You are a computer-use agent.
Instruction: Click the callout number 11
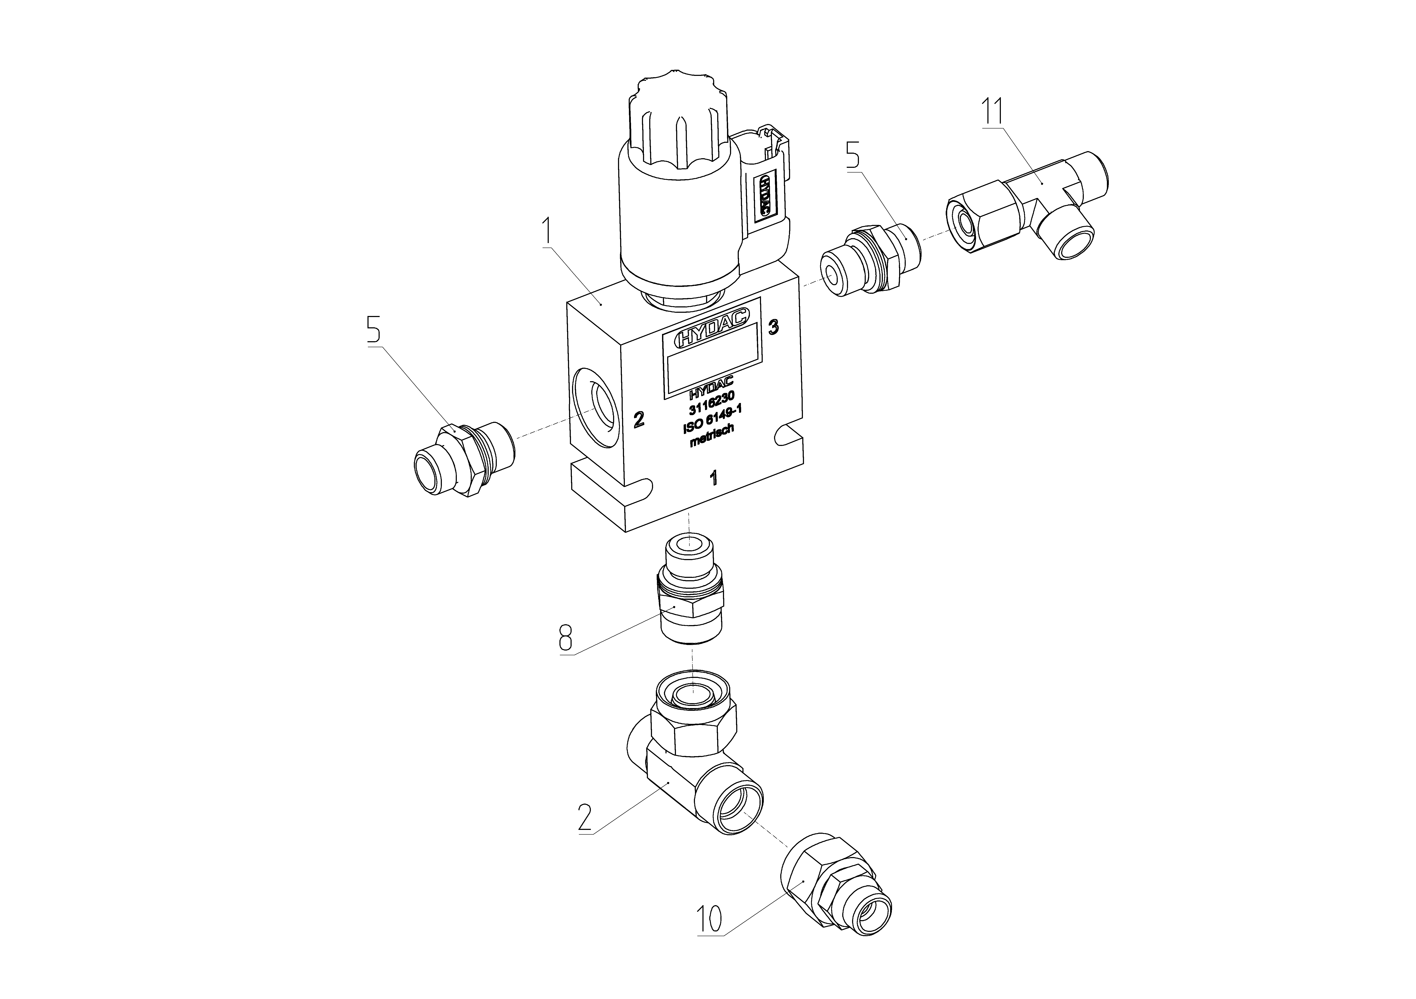point(992,112)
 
